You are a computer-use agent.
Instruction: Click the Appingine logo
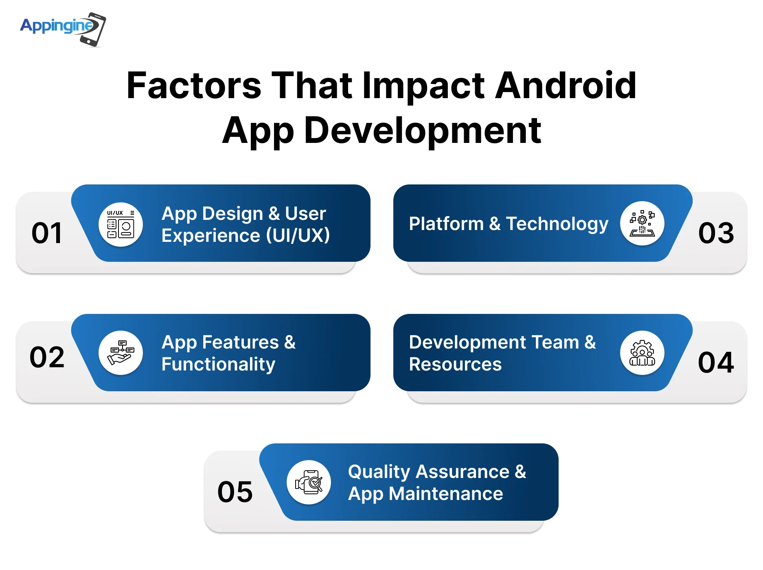(x=63, y=29)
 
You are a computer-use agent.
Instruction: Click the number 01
(x=47, y=233)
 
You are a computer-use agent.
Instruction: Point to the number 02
(x=47, y=357)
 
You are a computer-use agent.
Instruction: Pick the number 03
(x=716, y=233)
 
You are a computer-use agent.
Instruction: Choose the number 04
(x=716, y=362)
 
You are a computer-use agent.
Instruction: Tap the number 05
(x=235, y=492)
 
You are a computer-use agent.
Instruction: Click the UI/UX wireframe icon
(x=121, y=224)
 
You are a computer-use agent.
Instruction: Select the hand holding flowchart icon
(x=121, y=353)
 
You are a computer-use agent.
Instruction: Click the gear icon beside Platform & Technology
(x=642, y=223)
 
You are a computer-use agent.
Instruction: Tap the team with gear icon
(x=642, y=353)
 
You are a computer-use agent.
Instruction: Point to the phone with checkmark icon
(x=309, y=482)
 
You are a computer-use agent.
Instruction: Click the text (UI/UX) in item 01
(x=298, y=235)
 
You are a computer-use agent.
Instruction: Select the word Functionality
(x=218, y=364)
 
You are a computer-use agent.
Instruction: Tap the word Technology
(x=557, y=224)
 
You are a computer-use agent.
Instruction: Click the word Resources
(x=455, y=364)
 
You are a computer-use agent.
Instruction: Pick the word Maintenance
(x=446, y=494)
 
